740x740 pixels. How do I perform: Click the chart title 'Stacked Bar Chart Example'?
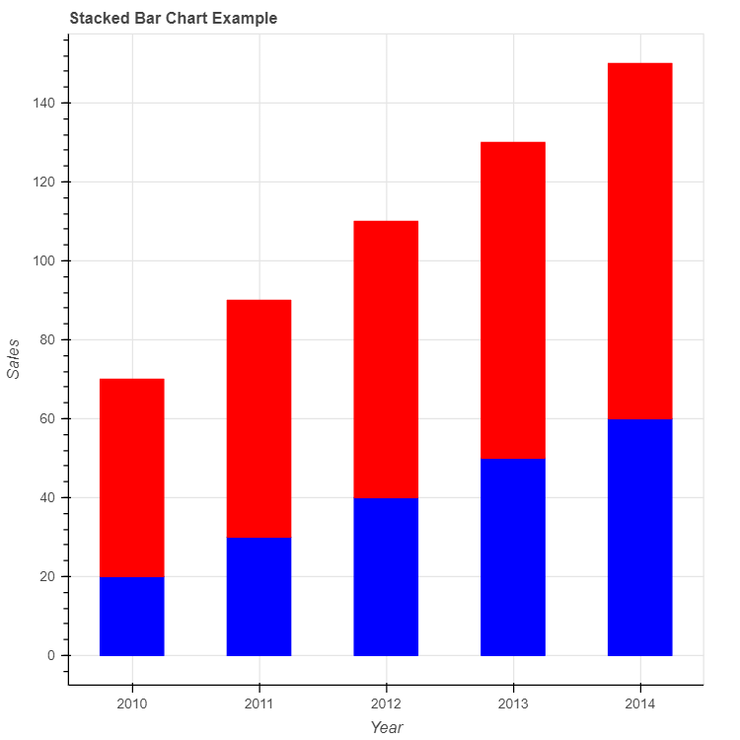tap(173, 19)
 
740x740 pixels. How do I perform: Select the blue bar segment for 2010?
tap(132, 617)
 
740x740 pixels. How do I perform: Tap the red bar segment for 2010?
tap(132, 478)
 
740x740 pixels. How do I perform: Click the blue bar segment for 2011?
tap(259, 597)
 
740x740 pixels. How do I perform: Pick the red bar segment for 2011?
tap(259, 418)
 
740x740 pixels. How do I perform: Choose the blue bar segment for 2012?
tap(386, 577)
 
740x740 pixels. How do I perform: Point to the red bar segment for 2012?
tap(386, 359)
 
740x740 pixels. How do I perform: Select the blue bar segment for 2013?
tap(513, 557)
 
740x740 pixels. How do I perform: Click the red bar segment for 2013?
tap(513, 300)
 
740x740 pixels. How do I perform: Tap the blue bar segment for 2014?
tap(640, 538)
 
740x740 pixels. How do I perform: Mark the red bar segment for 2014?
tap(640, 241)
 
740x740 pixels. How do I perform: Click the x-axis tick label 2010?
tap(132, 703)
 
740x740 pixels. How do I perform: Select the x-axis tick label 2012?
tap(386, 703)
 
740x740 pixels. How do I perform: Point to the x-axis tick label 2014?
tap(640, 703)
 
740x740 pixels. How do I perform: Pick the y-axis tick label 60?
tap(48, 418)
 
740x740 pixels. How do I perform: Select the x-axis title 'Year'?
tap(386, 727)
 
